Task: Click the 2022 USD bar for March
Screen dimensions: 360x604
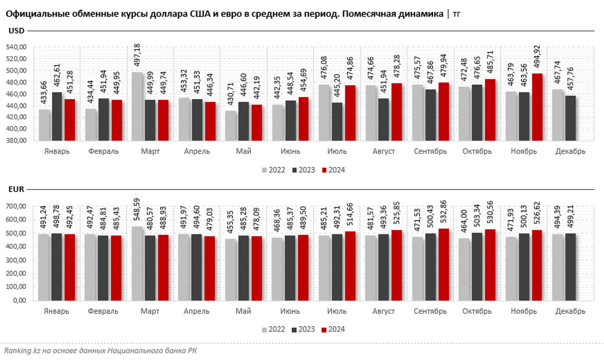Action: coord(137,106)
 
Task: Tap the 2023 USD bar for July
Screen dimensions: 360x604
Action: coord(337,122)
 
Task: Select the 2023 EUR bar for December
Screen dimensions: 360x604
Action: coord(570,267)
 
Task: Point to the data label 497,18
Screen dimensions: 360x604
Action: coord(137,55)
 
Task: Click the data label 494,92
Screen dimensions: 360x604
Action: coord(537,56)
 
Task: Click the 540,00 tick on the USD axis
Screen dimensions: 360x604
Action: coord(16,47)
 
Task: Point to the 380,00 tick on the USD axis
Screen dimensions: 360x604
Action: coord(16,141)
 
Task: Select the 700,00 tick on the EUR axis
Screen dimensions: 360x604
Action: coord(16,207)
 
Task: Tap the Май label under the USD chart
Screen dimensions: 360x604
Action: coord(244,151)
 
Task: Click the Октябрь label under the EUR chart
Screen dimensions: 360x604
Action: coord(477,311)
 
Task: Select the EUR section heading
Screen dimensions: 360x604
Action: coord(16,189)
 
